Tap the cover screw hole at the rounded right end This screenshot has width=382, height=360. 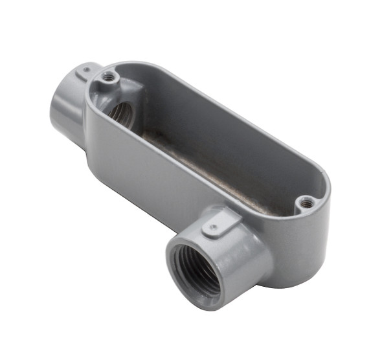coord(305,204)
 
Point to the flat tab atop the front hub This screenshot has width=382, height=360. coord(214,225)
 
